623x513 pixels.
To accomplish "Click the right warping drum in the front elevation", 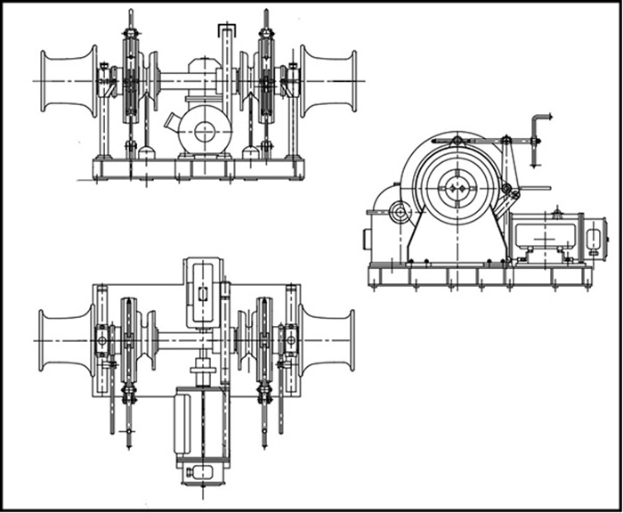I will (x=328, y=81).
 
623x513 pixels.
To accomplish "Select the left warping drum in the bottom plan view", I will (x=67, y=339).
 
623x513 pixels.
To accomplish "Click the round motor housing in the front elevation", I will (x=205, y=131).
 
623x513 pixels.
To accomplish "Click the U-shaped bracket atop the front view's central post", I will (x=227, y=32).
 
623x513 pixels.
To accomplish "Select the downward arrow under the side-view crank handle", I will (x=534, y=160).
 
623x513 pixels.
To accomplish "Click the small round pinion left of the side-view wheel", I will (x=400, y=212).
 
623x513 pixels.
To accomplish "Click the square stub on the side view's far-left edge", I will (x=367, y=240).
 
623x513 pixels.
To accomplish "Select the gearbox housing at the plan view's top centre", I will (x=202, y=292).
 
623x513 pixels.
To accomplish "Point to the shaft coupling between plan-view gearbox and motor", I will (x=203, y=364).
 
